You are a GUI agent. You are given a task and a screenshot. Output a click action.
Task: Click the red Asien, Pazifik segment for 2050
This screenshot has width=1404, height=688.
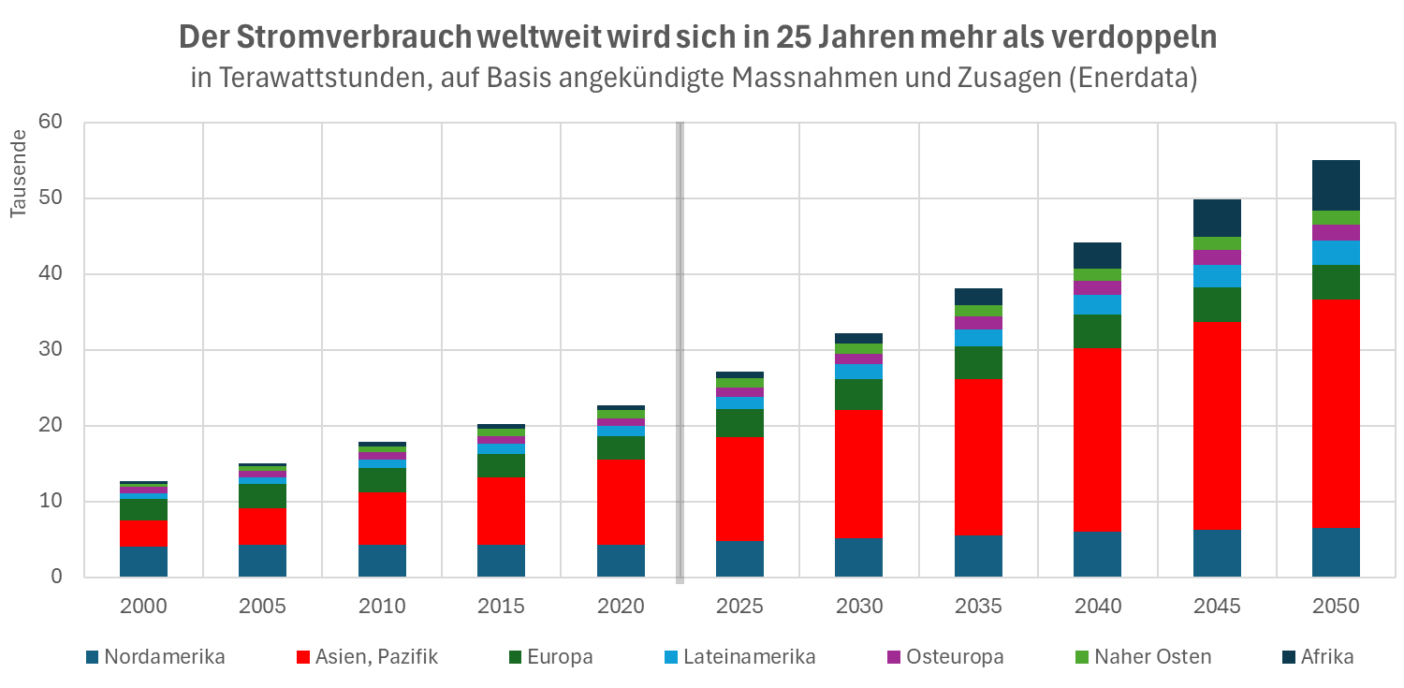[x=1336, y=413]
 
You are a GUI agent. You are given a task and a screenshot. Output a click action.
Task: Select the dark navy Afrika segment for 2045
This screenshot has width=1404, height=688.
[x=1217, y=217]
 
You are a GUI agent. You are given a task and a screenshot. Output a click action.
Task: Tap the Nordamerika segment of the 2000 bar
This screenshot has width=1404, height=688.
[x=143, y=561]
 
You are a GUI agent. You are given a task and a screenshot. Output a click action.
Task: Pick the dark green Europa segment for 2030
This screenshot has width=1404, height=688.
[x=859, y=394]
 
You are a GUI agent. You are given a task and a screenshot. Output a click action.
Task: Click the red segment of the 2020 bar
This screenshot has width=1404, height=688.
[x=621, y=502]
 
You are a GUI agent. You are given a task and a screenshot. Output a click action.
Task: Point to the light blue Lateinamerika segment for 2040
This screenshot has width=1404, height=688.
[x=1098, y=304]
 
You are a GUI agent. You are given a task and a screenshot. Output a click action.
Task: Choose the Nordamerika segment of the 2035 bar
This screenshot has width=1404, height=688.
[x=978, y=555]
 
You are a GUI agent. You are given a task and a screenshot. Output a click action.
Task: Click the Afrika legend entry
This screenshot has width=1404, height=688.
[x=1326, y=656]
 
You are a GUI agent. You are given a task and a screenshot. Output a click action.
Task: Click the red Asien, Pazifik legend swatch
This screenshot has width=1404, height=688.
[x=303, y=657]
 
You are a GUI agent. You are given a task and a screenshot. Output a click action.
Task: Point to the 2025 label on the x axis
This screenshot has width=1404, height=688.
[x=739, y=606]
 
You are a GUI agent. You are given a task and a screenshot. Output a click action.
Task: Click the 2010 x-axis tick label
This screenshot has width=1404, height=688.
[x=382, y=606]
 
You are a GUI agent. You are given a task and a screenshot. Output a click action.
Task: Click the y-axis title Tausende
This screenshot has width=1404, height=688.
[x=19, y=175]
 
